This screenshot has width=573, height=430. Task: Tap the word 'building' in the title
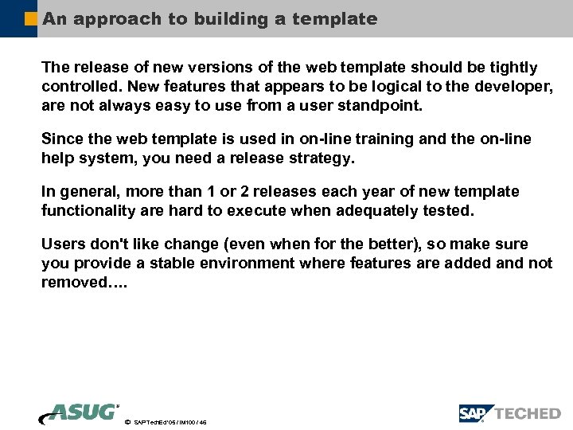tap(228, 18)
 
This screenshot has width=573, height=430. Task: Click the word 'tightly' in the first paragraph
tap(511, 68)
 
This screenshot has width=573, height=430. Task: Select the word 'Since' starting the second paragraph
tap(60, 139)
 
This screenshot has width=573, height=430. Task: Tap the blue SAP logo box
tap(475, 413)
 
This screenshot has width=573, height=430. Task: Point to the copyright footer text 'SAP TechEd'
tap(151, 422)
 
